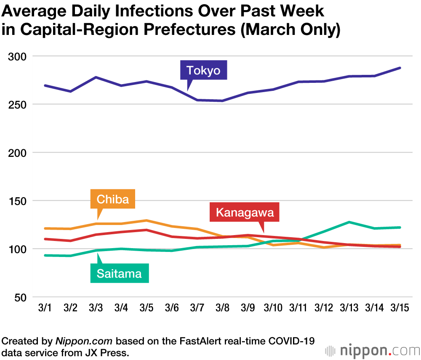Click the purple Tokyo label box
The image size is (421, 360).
[203, 70]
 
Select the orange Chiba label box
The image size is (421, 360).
[112, 199]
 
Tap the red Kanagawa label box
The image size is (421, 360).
[245, 212]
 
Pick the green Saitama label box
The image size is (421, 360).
[119, 274]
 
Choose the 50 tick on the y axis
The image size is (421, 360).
[20, 297]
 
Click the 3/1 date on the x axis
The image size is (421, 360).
[45, 308]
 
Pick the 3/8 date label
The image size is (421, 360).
[222, 308]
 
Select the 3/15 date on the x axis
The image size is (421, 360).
[400, 308]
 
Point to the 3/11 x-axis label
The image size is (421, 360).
[298, 308]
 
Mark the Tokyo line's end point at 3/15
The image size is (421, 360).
[400, 68]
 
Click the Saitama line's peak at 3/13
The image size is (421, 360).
[349, 222]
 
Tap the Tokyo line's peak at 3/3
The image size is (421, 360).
[96, 77]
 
